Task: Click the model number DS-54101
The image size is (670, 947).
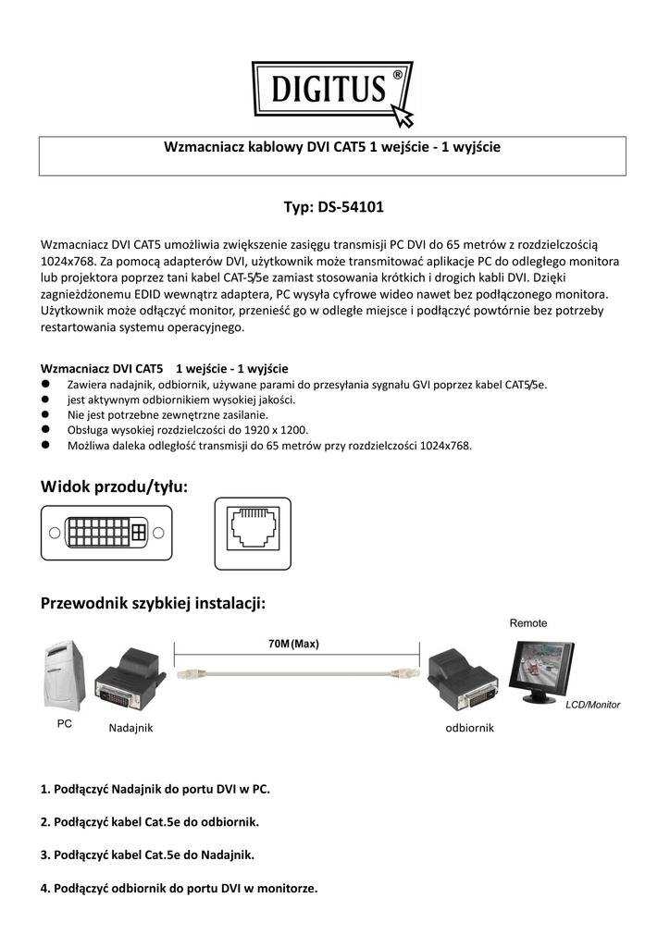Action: click(x=351, y=207)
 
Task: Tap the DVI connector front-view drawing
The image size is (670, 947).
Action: click(x=106, y=533)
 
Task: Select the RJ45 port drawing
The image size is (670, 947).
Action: click(x=253, y=534)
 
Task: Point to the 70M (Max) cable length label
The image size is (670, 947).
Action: click(x=293, y=644)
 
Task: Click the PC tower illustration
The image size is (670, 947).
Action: click(x=65, y=675)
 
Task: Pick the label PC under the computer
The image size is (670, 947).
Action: click(x=65, y=723)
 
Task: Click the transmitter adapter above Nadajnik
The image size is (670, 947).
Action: click(x=130, y=680)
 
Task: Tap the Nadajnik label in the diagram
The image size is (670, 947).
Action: click(x=130, y=728)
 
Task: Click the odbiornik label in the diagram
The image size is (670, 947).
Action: click(x=469, y=728)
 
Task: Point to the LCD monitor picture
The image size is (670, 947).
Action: click(x=540, y=671)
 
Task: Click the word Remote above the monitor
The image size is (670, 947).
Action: click(x=528, y=623)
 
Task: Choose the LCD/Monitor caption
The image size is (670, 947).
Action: click(x=592, y=705)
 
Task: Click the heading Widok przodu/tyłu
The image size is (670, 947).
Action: click(x=114, y=486)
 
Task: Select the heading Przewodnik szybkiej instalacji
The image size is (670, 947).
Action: click(x=153, y=603)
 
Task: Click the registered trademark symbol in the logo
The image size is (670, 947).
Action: click(x=397, y=74)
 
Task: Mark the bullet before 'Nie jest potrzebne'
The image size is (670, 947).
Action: click(x=44, y=414)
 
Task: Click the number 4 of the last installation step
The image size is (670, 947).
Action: click(x=44, y=889)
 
